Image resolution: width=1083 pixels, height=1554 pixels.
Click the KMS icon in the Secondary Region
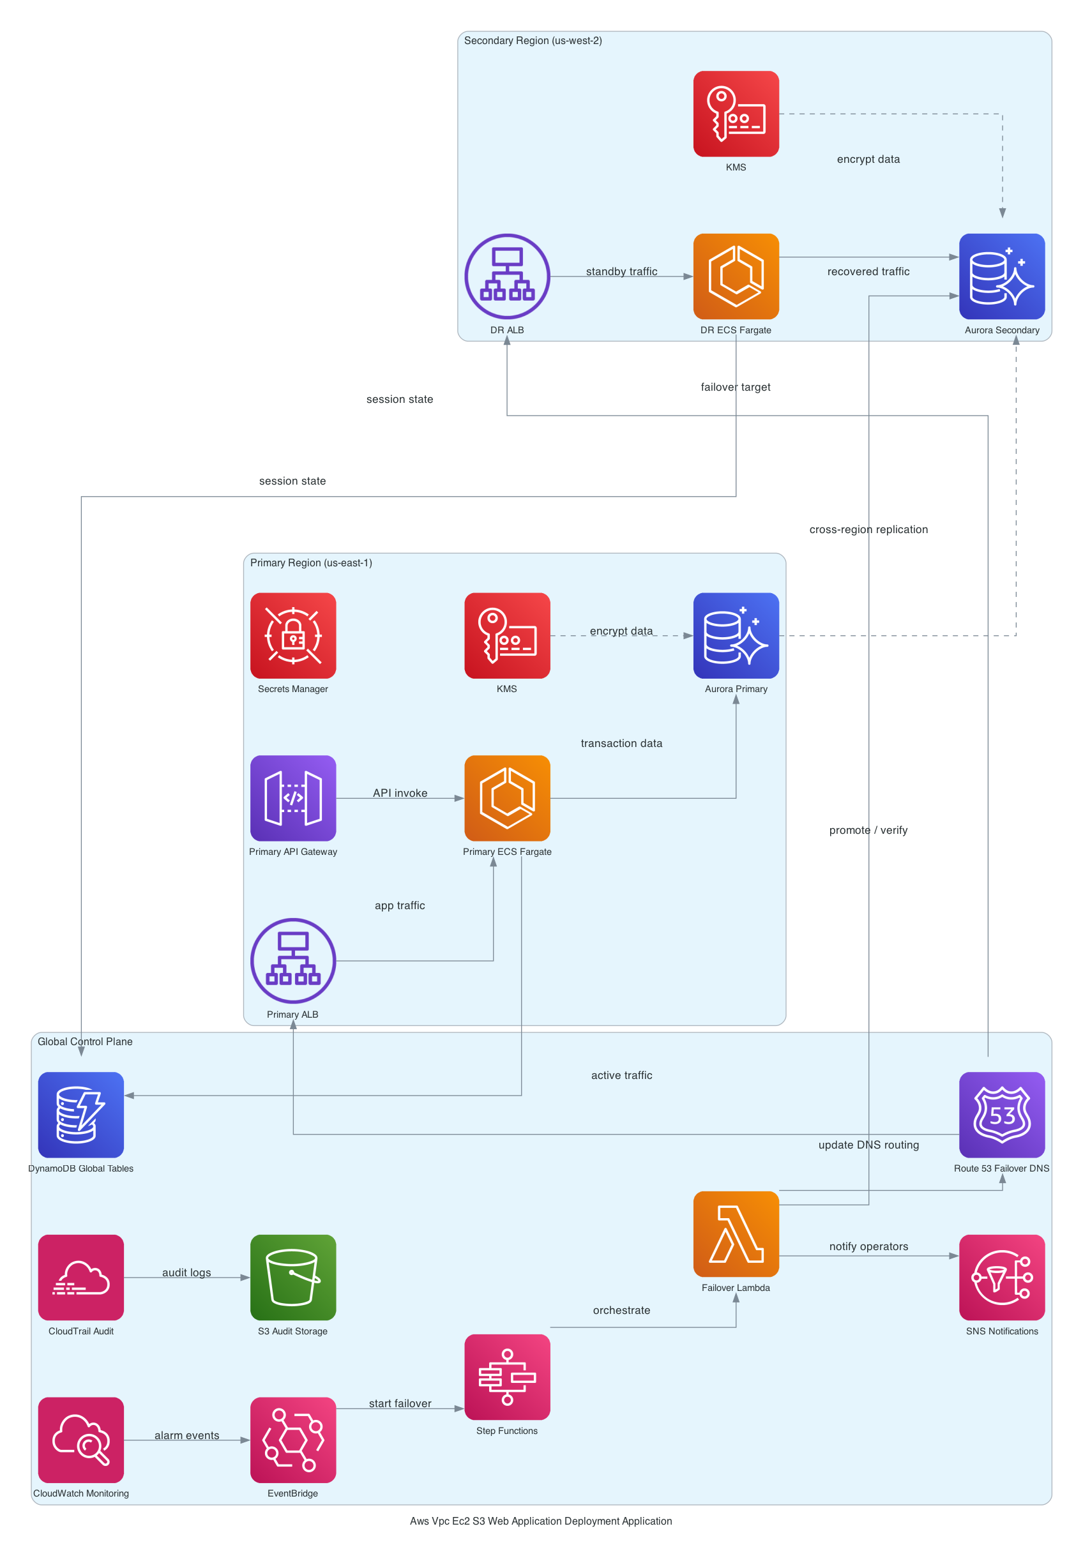[736, 114]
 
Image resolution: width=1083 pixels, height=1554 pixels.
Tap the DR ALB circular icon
[507, 276]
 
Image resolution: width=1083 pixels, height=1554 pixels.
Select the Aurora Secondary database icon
[1002, 276]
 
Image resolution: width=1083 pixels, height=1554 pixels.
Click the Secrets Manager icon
[293, 635]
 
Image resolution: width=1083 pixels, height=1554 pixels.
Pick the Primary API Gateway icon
[293, 798]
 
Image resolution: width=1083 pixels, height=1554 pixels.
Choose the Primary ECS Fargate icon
[507, 798]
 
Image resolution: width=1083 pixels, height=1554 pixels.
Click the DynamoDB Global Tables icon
[81, 1115]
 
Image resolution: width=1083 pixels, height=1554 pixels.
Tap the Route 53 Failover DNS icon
[1002, 1115]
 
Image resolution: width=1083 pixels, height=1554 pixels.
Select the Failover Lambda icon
[736, 1234]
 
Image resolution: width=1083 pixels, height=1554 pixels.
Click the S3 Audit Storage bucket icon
[293, 1277]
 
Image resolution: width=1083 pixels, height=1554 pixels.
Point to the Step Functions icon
[507, 1377]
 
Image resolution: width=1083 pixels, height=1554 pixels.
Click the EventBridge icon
[293, 1440]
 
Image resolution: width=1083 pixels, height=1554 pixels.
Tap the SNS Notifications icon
[1002, 1277]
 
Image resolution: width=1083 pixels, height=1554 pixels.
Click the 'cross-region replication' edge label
[868, 529]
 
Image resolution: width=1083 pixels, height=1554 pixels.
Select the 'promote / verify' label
[868, 830]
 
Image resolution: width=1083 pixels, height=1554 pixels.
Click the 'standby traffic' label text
[621, 271]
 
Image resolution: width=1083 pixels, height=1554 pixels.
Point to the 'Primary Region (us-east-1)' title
[311, 562]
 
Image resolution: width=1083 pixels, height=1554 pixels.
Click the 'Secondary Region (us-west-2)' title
[533, 41]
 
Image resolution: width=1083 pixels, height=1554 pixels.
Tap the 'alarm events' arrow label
[187, 1435]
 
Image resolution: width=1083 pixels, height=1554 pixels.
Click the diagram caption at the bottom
[541, 1521]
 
